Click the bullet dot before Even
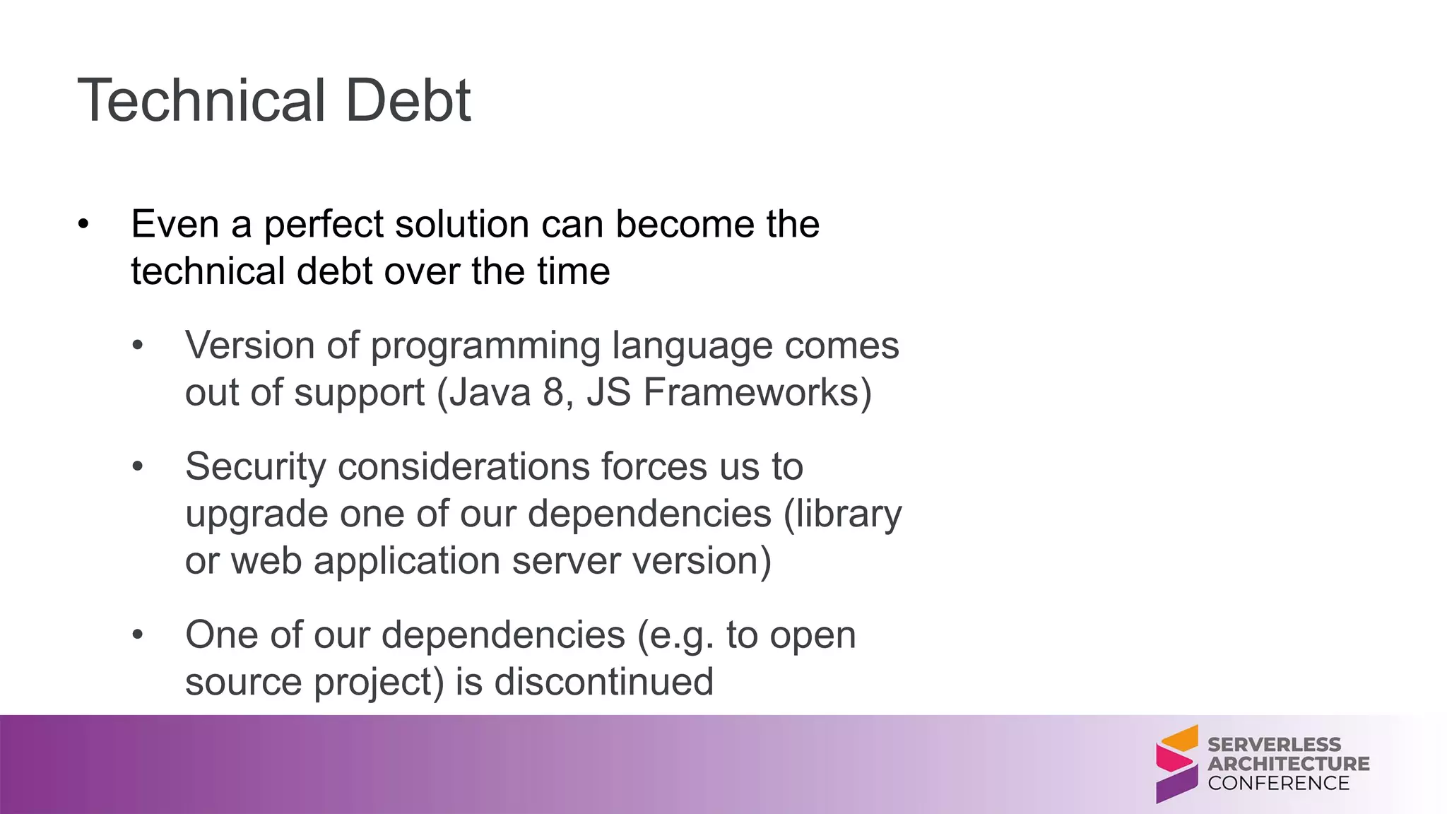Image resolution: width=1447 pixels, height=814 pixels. click(x=84, y=225)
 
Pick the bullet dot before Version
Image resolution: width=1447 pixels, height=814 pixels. click(x=138, y=346)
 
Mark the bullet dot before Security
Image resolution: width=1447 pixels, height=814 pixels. click(x=138, y=466)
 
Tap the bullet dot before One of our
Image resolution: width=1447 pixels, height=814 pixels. click(x=138, y=635)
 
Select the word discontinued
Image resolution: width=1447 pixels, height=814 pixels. click(x=603, y=682)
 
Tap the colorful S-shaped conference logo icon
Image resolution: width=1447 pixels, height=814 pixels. click(x=1176, y=764)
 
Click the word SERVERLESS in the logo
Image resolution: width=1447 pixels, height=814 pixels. click(x=1274, y=745)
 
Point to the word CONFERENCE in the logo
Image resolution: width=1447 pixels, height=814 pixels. click(x=1279, y=783)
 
